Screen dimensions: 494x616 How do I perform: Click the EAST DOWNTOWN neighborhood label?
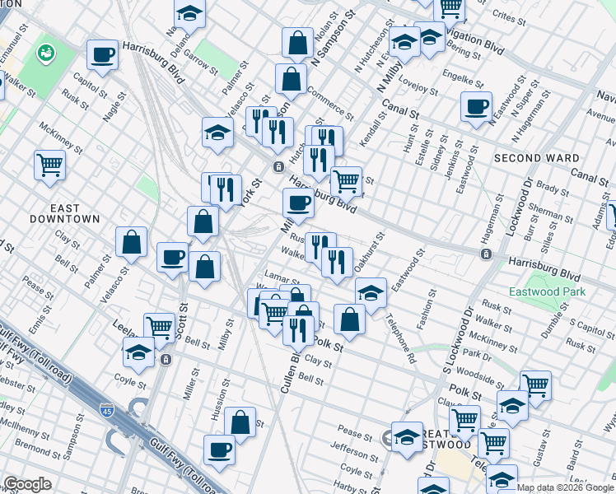(x=64, y=213)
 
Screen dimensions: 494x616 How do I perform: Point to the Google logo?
(x=27, y=484)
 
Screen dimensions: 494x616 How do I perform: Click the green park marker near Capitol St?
(x=44, y=54)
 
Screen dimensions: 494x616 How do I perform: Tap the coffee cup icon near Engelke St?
(x=477, y=107)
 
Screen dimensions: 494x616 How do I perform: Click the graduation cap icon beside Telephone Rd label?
(x=371, y=292)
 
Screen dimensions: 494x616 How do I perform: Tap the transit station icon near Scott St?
(x=166, y=359)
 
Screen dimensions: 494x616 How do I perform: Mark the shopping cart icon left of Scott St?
(x=159, y=327)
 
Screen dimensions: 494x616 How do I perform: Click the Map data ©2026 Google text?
(x=564, y=487)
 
